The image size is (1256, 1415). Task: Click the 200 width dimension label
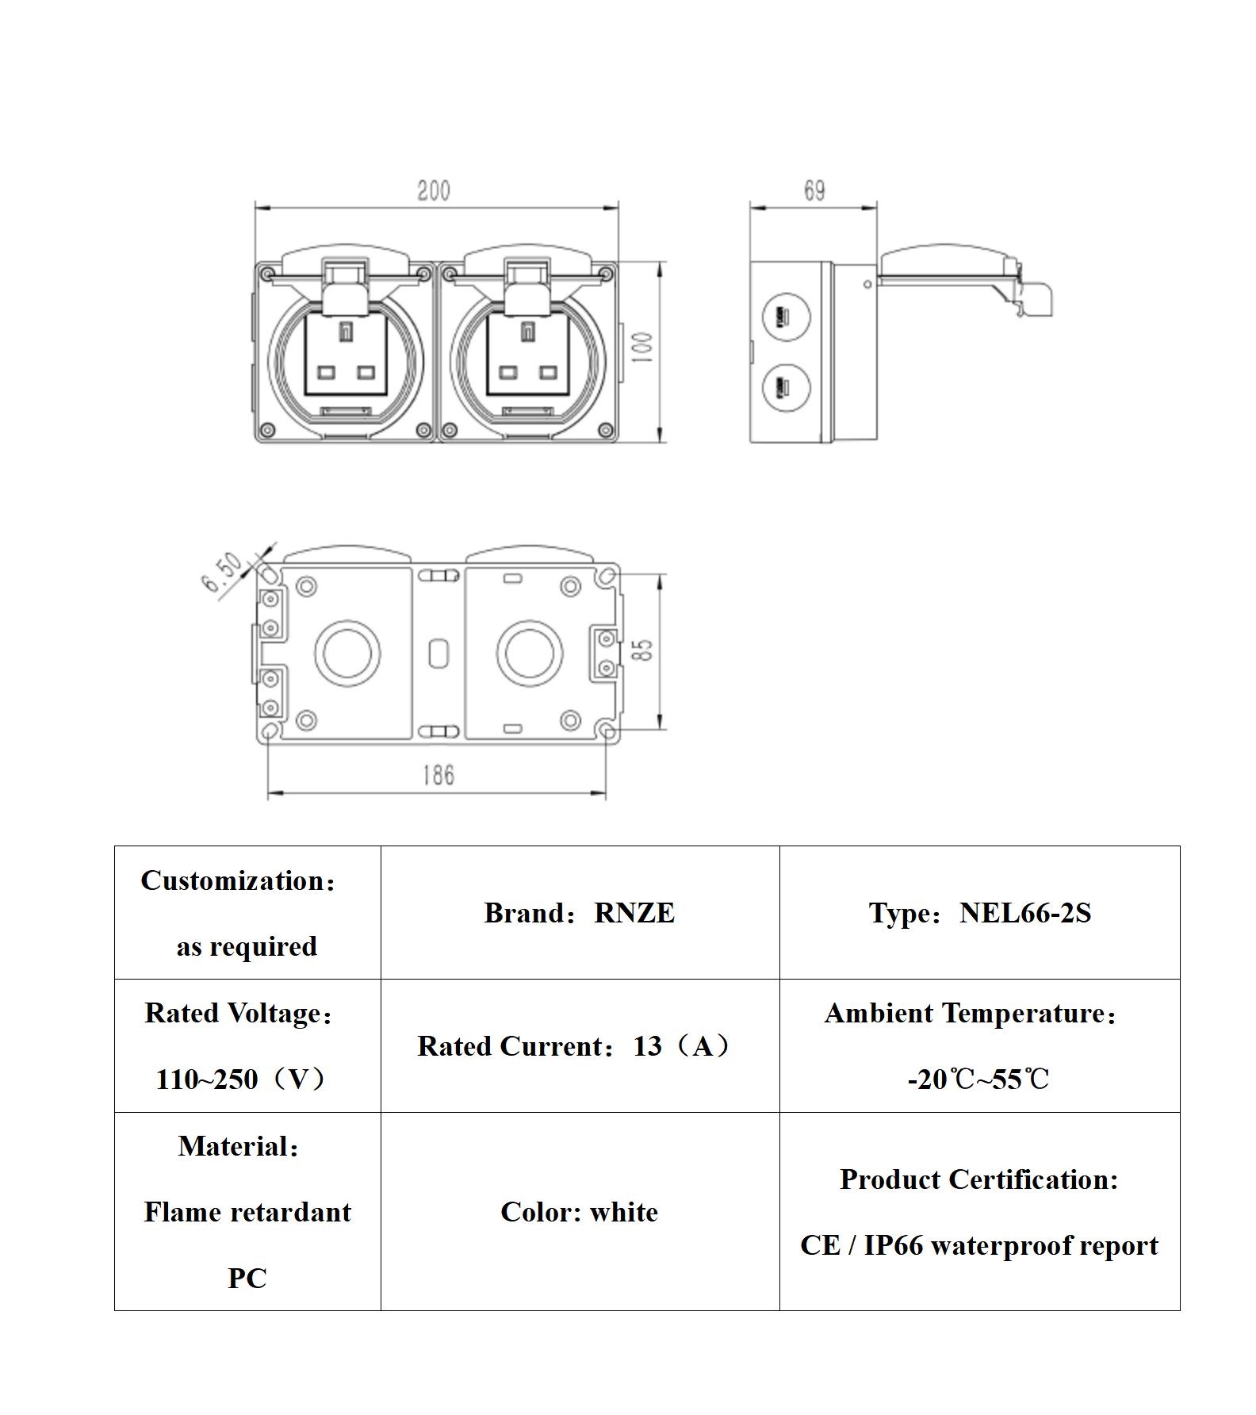pyautogui.click(x=434, y=191)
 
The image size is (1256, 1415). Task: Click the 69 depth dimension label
pyautogui.click(x=814, y=191)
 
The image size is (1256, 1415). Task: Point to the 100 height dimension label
pyautogui.click(x=643, y=348)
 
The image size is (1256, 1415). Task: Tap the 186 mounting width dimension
pyautogui.click(x=438, y=775)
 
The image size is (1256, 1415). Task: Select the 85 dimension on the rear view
pyautogui.click(x=645, y=650)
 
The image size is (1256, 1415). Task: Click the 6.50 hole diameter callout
pyautogui.click(x=222, y=573)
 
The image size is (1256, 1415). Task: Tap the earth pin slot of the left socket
pyautogui.click(x=345, y=332)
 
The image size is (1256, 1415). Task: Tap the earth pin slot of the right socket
pyautogui.click(x=527, y=332)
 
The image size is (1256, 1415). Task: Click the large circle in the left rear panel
pyautogui.click(x=347, y=654)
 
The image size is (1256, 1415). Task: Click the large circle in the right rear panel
pyautogui.click(x=530, y=654)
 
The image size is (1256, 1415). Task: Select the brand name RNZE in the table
pyautogui.click(x=634, y=914)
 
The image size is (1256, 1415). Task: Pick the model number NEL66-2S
pyautogui.click(x=1025, y=914)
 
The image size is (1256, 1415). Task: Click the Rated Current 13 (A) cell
pyautogui.click(x=575, y=1047)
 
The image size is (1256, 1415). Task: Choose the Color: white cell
pyautogui.click(x=580, y=1212)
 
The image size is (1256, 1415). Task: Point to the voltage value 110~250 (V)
pyautogui.click(x=241, y=1079)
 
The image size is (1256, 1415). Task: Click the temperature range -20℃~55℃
pyautogui.click(x=978, y=1079)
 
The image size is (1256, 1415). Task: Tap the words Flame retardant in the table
pyautogui.click(x=247, y=1212)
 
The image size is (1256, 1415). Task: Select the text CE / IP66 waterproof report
pyautogui.click(x=979, y=1245)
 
